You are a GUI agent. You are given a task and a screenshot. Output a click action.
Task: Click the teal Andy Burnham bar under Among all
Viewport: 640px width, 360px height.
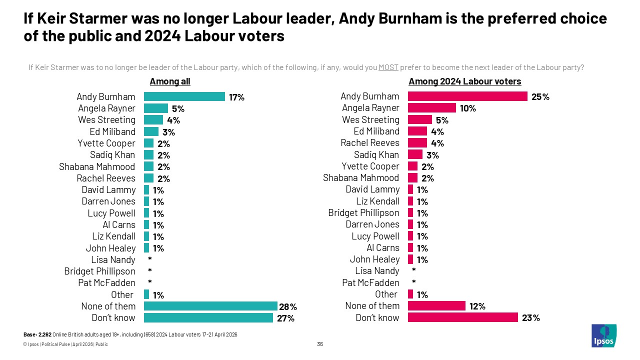[184, 96]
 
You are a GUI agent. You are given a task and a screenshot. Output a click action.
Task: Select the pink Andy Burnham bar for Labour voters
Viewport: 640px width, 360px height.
[467, 96]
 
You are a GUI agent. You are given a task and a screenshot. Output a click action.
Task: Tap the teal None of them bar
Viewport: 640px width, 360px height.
[210, 306]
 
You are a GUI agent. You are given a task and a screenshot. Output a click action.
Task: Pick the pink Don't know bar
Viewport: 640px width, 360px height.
[462, 317]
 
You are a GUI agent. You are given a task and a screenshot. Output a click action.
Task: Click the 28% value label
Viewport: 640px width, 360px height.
[288, 306]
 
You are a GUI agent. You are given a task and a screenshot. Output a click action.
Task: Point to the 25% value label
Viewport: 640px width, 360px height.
[540, 97]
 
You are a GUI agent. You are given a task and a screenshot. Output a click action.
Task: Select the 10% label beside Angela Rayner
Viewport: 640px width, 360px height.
[468, 108]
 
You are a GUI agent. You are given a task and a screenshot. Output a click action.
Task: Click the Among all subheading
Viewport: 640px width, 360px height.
[170, 81]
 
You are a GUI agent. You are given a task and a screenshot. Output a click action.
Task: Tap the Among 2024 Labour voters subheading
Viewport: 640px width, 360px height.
[465, 81]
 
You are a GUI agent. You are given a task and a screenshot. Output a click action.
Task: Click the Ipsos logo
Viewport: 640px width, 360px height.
[604, 335]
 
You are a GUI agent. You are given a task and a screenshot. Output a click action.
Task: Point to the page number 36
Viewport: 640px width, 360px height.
[320, 344]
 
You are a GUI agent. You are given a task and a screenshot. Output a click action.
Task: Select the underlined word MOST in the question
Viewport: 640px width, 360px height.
[388, 67]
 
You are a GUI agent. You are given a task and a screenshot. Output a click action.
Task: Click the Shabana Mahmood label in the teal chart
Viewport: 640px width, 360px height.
[97, 166]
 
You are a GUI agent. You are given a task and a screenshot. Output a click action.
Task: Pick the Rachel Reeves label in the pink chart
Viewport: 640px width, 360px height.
[370, 143]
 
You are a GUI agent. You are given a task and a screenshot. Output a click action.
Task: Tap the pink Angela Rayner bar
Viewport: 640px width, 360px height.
[432, 108]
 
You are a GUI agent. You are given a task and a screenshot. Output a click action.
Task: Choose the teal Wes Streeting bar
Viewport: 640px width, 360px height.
[153, 120]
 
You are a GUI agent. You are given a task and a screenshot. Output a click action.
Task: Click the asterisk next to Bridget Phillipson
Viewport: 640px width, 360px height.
[149, 271]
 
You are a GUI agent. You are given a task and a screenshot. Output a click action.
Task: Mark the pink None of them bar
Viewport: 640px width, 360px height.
[436, 306]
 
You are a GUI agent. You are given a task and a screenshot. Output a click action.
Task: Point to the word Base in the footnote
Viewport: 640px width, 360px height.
[29, 334]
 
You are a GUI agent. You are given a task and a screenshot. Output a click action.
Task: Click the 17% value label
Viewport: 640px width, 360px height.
[236, 97]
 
